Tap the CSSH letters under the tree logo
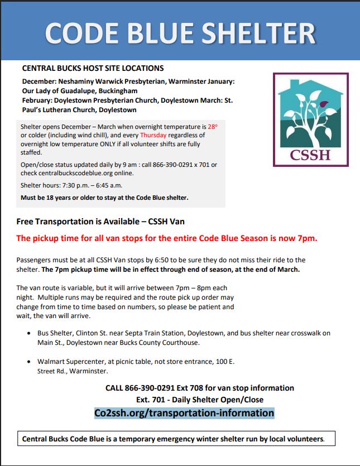[x=310, y=153]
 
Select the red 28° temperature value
[x=212, y=127]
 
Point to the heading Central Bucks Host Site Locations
[x=93, y=68]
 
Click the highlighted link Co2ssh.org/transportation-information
[x=184, y=413]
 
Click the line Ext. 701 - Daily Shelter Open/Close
[x=200, y=400]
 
